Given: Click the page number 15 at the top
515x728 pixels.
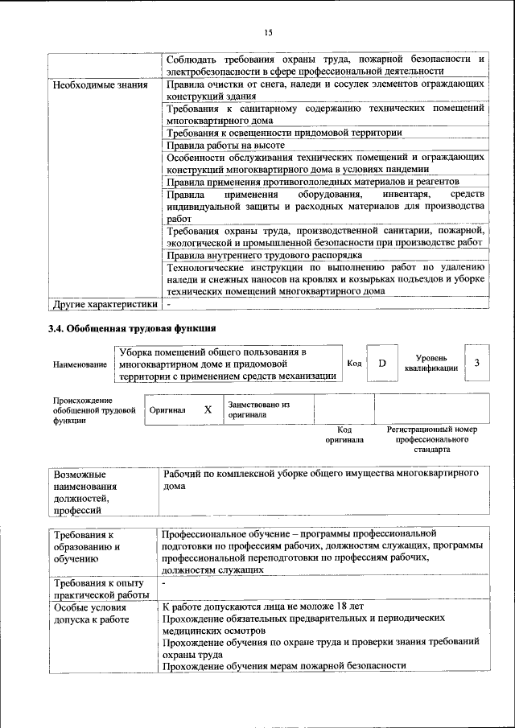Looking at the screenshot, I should pos(268,32).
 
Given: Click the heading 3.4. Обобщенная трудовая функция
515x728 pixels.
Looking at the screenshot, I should pos(132,328).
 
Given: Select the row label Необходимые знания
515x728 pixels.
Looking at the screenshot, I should pos(87,84).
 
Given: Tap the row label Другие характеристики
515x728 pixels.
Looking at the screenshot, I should pos(103,305).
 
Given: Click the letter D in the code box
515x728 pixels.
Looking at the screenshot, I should pos(382,364).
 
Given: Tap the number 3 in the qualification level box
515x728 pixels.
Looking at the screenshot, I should pos(477,363).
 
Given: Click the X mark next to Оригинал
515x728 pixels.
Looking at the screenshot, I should pos(208,409).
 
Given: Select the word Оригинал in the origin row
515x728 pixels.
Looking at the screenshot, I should pos(167,410).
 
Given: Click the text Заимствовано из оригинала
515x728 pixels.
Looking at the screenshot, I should pos(258,410).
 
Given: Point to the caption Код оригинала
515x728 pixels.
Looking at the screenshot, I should pos(344,435).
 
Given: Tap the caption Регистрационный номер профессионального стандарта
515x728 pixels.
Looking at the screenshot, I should pos(431,440).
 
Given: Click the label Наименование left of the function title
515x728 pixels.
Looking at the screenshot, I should pos(80,364).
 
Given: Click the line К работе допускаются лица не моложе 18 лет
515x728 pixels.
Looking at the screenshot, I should pos(263,606).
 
